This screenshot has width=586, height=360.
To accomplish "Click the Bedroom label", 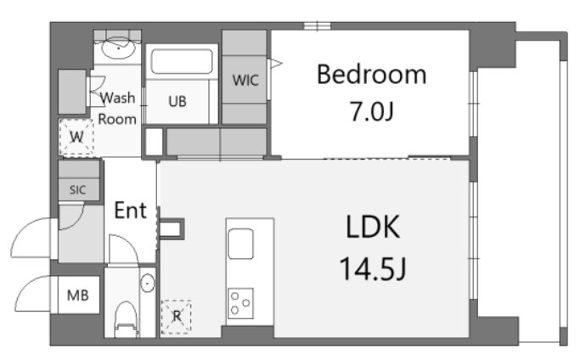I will click(371, 75).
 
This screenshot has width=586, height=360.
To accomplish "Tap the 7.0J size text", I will click(371, 111).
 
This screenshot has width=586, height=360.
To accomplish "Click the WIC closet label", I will click(245, 81).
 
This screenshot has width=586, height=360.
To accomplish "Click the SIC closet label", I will click(77, 189).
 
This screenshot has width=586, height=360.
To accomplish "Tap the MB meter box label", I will click(77, 296).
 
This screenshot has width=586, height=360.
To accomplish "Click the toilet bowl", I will click(123, 318).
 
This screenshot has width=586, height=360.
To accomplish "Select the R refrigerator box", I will click(177, 317).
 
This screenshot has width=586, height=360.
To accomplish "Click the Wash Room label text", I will click(117, 108).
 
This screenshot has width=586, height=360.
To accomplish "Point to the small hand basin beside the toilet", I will click(148, 284).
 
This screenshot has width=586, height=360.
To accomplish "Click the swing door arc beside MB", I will click(31, 293).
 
